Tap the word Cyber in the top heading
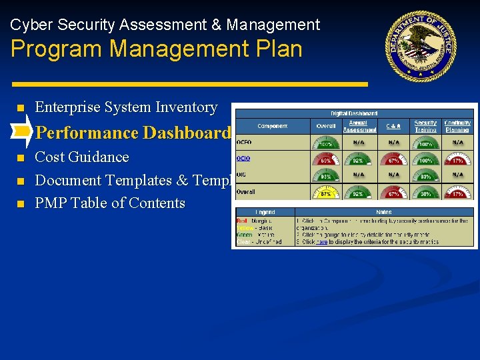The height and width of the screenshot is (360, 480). (31, 25)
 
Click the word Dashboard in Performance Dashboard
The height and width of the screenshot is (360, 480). (186, 133)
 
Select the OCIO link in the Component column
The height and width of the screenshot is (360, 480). (243, 159)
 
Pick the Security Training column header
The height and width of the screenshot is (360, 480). (425, 126)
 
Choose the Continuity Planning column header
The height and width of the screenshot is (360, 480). (457, 126)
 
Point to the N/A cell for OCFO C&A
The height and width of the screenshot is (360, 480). (394, 142)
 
